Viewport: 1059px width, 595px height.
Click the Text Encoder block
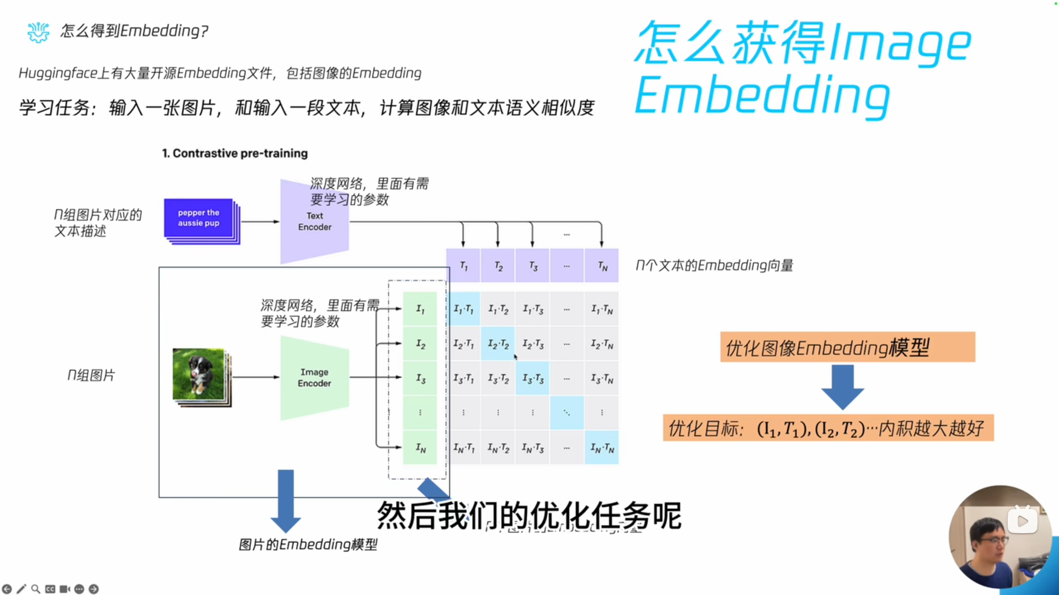click(314, 222)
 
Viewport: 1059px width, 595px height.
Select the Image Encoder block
click(314, 378)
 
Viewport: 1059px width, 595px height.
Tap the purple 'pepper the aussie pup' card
click(199, 218)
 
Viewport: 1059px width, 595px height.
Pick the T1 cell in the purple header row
click(463, 266)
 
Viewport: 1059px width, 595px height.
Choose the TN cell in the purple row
click(602, 266)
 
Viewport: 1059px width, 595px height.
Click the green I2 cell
click(420, 344)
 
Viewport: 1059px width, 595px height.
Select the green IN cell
click(420, 448)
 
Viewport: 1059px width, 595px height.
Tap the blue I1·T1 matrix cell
click(463, 309)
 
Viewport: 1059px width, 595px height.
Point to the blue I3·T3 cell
click(532, 378)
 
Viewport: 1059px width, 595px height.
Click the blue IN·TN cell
click(602, 448)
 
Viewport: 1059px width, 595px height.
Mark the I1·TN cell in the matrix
click(602, 309)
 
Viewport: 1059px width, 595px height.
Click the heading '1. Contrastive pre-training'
click(235, 153)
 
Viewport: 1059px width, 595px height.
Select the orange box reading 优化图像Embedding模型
click(847, 347)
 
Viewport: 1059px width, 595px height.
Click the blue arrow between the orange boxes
click(842, 387)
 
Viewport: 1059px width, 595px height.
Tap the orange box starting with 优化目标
click(828, 428)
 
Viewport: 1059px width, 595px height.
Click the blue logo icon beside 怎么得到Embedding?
click(38, 32)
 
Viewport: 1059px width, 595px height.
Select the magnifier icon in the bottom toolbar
click(36, 589)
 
